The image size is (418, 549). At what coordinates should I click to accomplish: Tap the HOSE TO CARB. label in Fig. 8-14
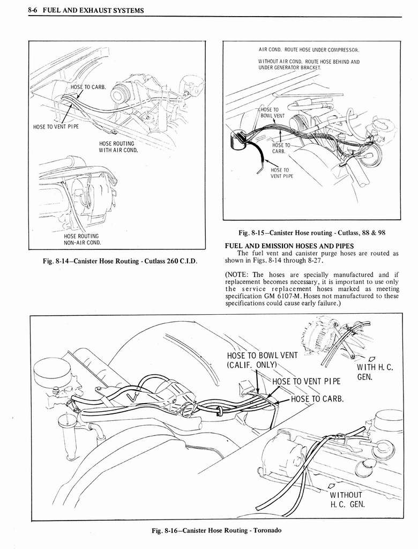[88, 87]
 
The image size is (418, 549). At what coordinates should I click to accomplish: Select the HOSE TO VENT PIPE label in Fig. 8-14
[56, 127]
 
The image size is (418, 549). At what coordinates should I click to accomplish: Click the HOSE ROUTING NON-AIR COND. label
[81, 239]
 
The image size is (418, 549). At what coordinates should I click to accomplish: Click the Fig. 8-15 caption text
[312, 233]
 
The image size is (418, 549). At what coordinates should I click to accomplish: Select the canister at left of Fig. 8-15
[237, 141]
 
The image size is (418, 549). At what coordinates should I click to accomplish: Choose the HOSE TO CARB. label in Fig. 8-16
[317, 398]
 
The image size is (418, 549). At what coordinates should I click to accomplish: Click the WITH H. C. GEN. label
[375, 372]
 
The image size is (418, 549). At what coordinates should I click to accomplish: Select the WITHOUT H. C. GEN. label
[347, 499]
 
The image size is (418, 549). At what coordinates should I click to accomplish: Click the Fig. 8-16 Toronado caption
[216, 530]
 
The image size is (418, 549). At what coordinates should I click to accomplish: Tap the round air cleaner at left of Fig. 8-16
[52, 372]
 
